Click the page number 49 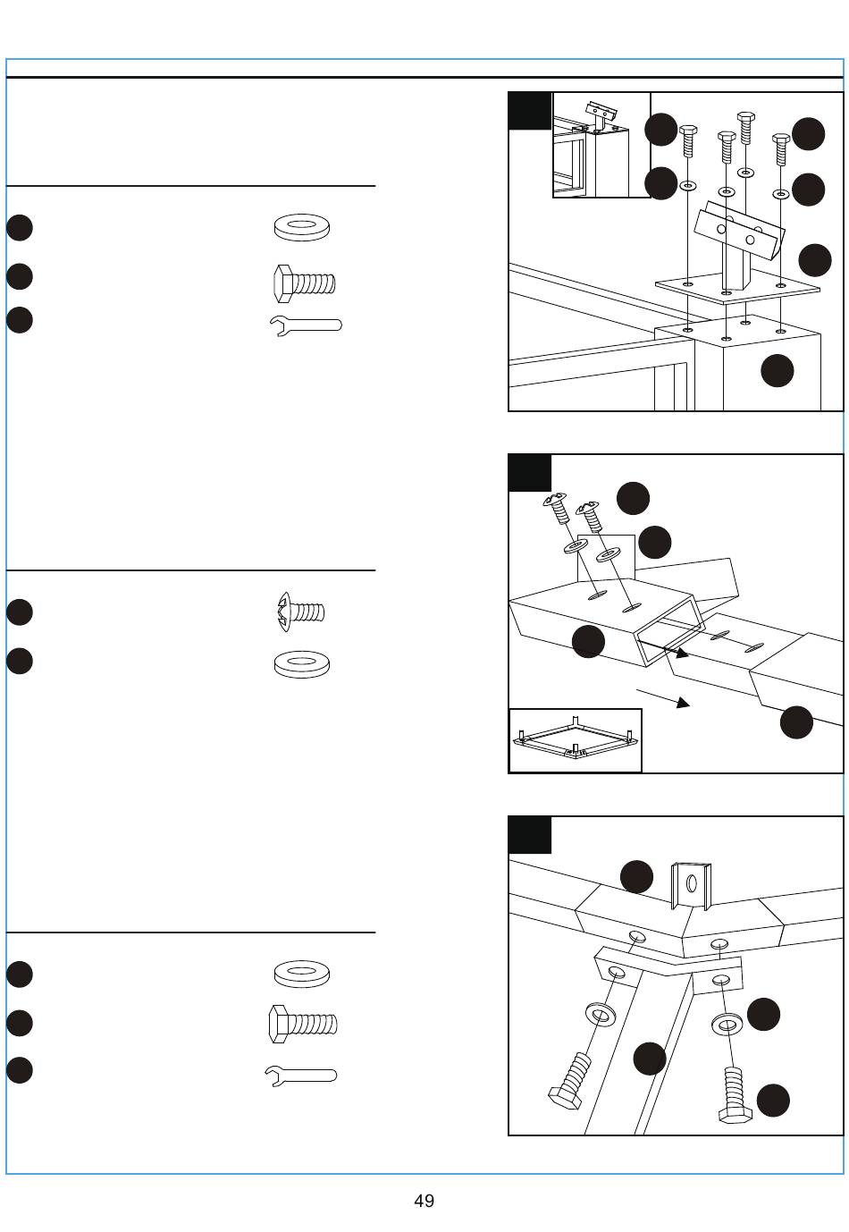[x=424, y=1201]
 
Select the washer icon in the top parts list [x=302, y=227]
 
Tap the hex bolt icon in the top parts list [x=304, y=283]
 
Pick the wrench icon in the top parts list [x=305, y=325]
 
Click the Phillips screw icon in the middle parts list [x=301, y=612]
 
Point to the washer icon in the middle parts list [x=302, y=663]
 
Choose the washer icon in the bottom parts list [x=302, y=973]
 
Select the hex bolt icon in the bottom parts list [x=303, y=1024]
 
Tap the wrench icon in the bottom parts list [x=301, y=1075]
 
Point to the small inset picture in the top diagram [x=601, y=144]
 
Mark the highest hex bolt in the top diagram [x=744, y=128]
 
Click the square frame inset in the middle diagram [x=576, y=740]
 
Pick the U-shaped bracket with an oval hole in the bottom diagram [x=692, y=884]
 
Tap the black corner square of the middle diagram [x=529, y=473]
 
